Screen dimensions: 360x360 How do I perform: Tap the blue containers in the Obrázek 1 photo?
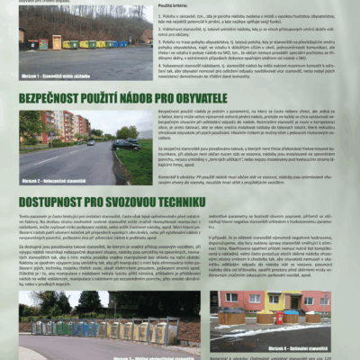[x=113, y=42]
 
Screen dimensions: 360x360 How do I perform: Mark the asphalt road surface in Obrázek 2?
[x=63, y=162]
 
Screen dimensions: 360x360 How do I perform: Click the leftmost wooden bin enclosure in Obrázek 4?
[x=231, y=318]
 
